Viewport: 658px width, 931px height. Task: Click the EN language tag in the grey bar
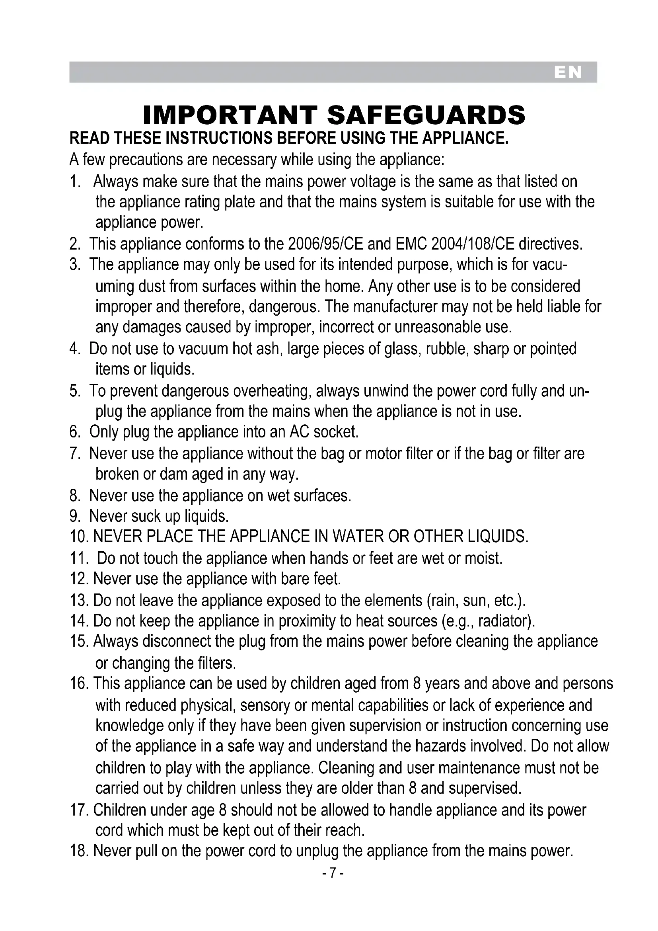click(x=568, y=72)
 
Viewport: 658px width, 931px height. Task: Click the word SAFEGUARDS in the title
click(x=426, y=115)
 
